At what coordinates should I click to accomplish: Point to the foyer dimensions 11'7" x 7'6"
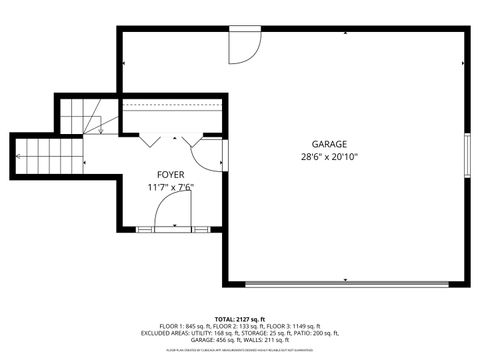pos(171,186)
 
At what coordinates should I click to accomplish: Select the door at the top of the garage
pos(243,44)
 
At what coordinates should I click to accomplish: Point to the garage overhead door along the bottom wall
pos(346,282)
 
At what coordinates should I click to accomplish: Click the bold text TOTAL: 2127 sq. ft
pos(239,319)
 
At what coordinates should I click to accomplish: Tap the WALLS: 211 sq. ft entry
pos(272,340)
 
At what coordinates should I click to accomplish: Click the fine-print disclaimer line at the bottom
pos(239,350)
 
